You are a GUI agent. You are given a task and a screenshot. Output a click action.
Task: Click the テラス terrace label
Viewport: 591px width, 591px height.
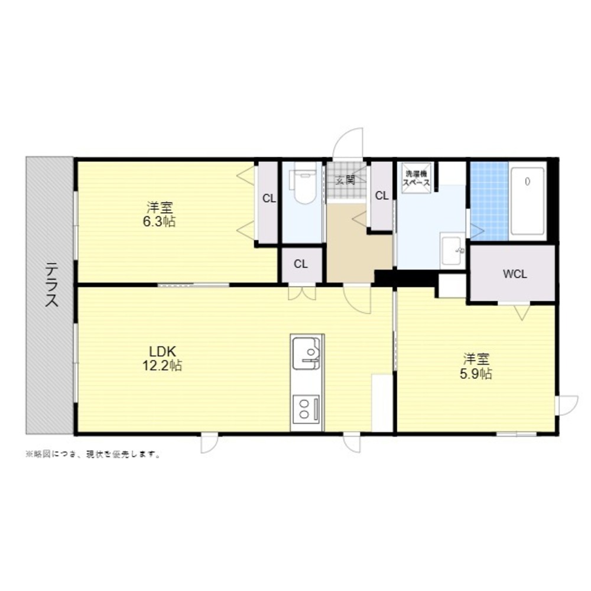point(51,285)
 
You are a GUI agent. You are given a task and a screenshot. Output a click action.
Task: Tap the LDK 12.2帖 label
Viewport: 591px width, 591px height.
point(162,359)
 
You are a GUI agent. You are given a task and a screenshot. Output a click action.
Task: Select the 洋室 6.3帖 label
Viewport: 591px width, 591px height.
point(159,215)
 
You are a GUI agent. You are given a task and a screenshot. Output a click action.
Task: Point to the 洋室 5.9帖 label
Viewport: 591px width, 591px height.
point(476,366)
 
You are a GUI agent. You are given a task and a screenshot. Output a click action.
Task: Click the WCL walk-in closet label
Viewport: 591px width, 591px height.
point(515,274)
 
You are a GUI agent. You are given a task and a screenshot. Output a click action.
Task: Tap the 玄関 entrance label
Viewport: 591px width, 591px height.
point(345,180)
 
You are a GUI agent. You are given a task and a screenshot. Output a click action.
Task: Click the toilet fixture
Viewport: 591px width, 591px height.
point(302,183)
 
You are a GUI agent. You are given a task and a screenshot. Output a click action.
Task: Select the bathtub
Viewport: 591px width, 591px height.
point(527,201)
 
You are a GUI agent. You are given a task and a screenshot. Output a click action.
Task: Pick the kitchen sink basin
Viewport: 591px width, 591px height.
point(307,353)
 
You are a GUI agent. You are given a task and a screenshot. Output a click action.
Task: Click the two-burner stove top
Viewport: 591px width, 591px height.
point(307,408)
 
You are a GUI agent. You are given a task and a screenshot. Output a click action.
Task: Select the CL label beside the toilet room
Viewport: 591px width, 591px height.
point(269,198)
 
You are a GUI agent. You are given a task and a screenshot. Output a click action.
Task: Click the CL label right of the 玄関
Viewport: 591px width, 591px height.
point(382,196)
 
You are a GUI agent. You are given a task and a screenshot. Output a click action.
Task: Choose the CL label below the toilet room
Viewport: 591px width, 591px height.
point(301,264)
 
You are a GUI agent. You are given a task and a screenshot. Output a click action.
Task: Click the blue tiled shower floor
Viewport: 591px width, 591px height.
point(489,201)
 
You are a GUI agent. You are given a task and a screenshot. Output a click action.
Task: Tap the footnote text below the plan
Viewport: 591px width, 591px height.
point(93,454)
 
